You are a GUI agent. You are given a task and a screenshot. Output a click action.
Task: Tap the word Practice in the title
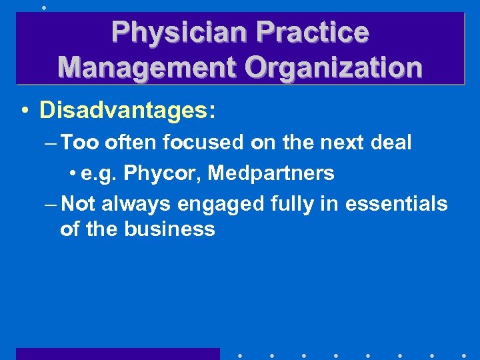tap(313, 32)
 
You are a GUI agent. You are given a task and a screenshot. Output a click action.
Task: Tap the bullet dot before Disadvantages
tap(23, 111)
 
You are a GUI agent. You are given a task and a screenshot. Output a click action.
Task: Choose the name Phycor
tap(162, 173)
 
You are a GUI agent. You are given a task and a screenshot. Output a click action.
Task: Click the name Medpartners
tap(271, 173)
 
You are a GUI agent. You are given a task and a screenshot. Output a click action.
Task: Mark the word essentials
tap(397, 203)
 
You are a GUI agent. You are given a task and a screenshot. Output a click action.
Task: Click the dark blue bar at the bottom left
tap(117, 353)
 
